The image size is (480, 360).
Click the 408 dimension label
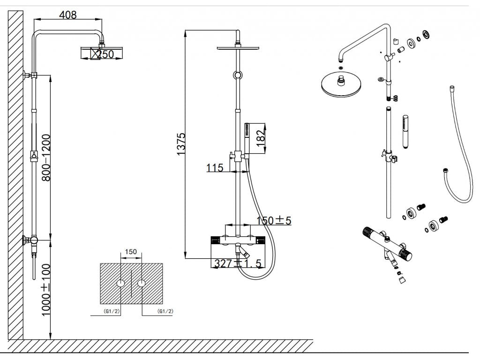67,15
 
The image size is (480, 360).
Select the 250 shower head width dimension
105,54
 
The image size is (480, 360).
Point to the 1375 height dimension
181,143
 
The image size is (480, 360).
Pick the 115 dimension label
215,167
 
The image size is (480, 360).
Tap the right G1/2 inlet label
166,311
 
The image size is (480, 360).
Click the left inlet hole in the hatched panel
121,284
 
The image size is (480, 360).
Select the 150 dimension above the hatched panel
131,252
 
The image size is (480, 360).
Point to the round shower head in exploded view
338,84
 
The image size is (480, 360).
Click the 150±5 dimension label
274,220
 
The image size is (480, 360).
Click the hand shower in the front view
246,136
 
